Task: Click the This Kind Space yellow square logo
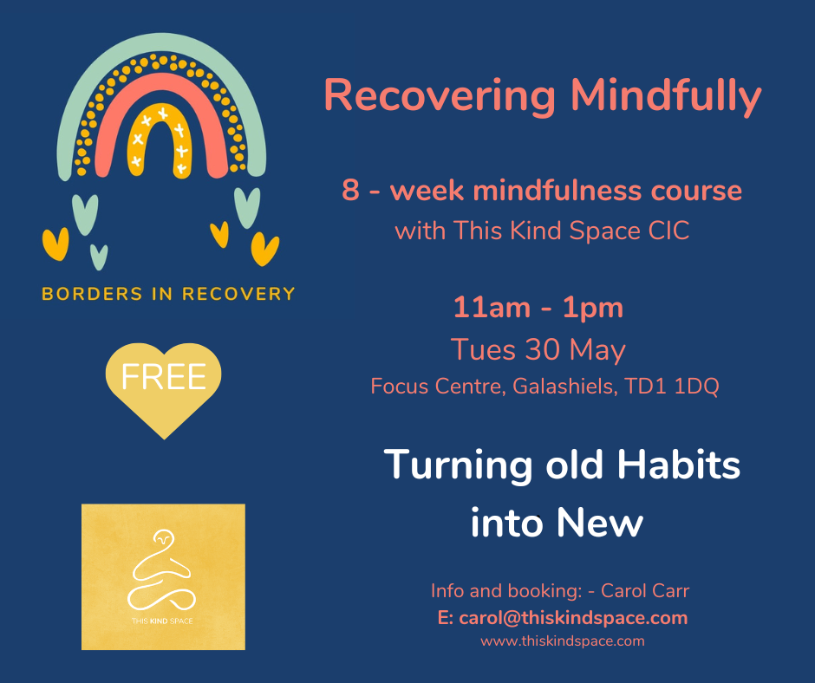point(163,576)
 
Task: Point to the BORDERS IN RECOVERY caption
point(168,294)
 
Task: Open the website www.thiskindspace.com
point(563,641)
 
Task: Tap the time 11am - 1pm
point(538,308)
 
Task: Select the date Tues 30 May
point(538,349)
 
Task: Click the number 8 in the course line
point(350,191)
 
